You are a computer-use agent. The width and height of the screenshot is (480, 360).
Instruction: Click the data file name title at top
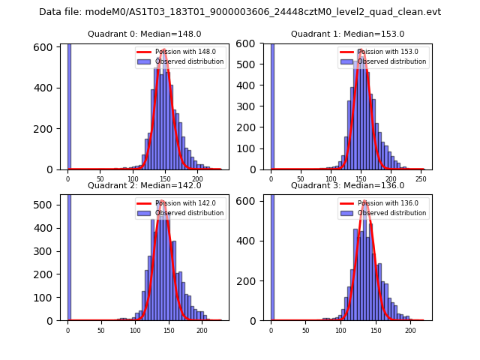(x=240, y=12)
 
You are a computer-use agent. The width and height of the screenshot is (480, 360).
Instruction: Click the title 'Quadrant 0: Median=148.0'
(x=145, y=34)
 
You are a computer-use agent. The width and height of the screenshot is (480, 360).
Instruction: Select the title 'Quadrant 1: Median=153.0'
(x=347, y=34)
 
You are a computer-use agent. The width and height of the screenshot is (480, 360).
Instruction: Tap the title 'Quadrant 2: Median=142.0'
(x=145, y=185)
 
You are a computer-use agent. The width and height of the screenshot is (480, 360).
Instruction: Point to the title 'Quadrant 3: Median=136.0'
(x=347, y=185)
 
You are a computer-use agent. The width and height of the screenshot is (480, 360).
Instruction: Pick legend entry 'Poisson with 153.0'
(x=382, y=52)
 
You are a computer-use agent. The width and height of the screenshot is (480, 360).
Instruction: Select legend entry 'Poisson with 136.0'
(x=382, y=203)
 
